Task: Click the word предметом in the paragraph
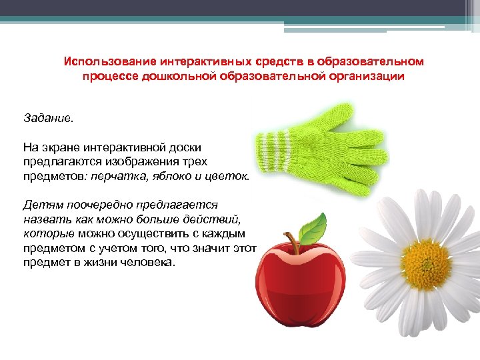(50, 248)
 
